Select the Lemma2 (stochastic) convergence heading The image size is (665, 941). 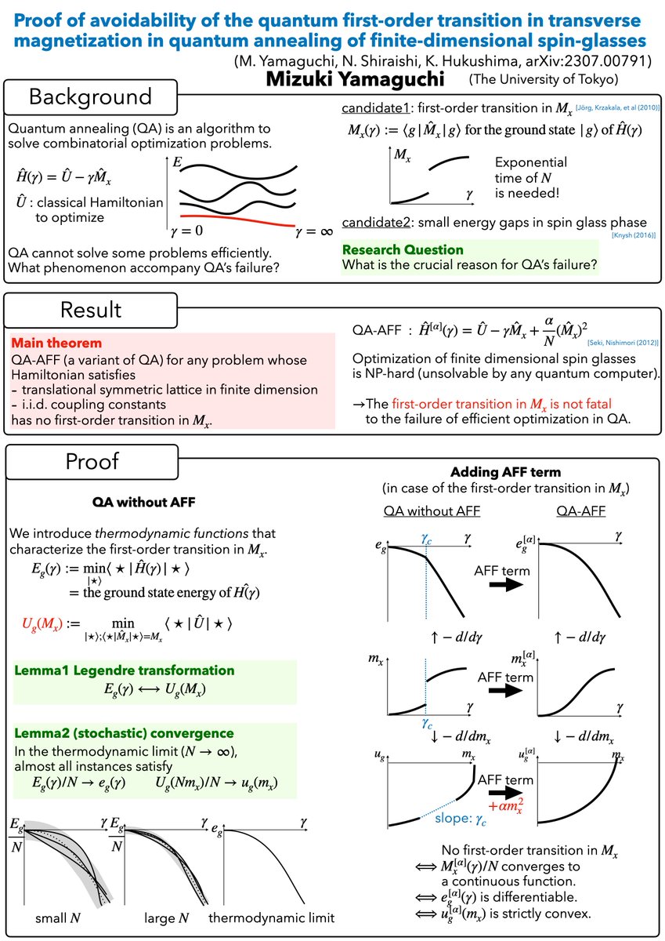[124, 733]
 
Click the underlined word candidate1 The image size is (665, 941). [370, 107]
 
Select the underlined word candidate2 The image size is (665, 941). [371, 223]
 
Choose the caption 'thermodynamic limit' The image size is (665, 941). [272, 917]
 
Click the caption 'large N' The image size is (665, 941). [167, 917]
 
